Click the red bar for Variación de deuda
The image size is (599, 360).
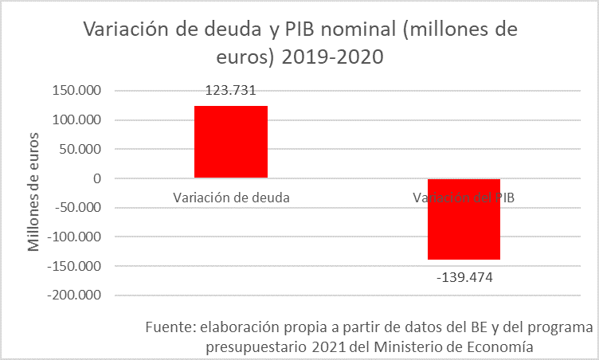coord(230,142)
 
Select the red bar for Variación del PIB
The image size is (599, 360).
coord(464,219)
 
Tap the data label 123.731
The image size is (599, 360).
coord(230,91)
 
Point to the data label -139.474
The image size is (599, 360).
coord(464,277)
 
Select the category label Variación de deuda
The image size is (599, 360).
coord(230,198)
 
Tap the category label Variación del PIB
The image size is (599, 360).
coord(464,198)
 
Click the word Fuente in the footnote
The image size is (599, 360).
coord(170,328)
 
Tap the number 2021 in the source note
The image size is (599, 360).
coord(327,346)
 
